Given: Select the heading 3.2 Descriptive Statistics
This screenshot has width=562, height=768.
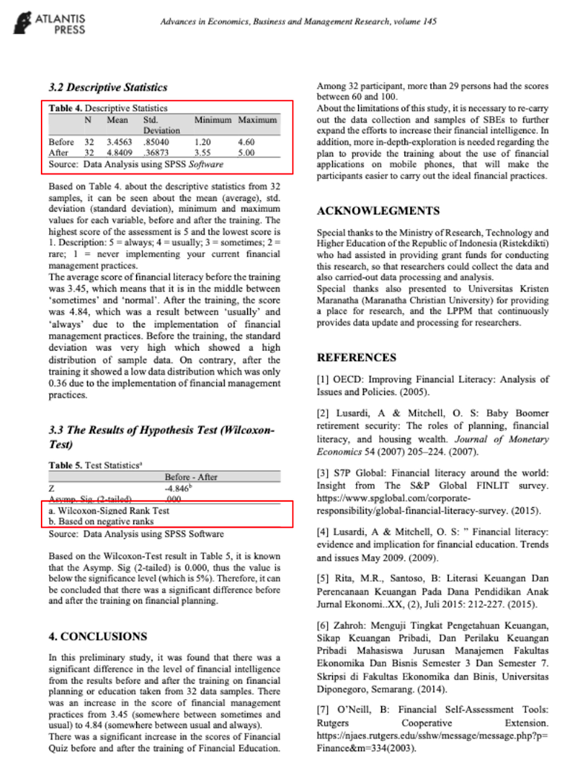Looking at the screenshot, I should pos(107,87).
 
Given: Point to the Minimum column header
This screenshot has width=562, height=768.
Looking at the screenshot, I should pos(211,120).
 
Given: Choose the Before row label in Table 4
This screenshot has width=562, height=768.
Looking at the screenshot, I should pos(61,140).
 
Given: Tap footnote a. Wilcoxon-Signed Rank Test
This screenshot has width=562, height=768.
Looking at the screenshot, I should pos(109,511).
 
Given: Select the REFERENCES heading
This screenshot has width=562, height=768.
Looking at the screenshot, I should pos(357,358).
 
